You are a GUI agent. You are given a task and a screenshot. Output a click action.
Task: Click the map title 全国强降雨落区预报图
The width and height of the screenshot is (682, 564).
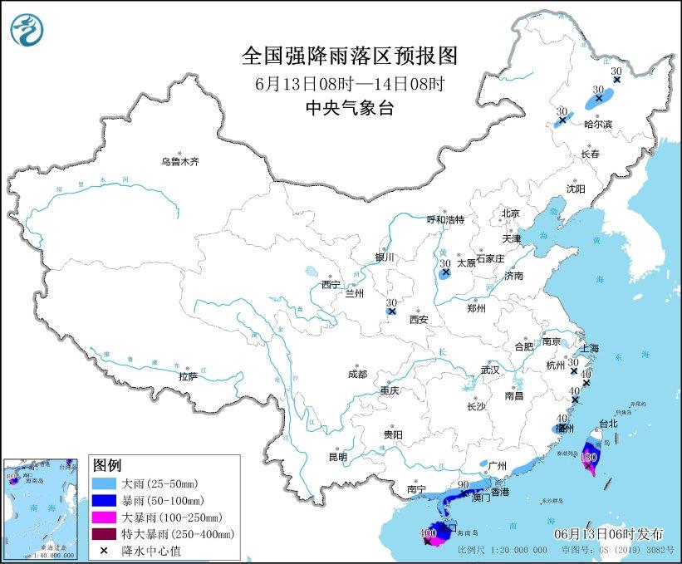pos(349,56)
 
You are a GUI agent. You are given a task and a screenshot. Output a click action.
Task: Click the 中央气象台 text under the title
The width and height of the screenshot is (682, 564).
pos(349,107)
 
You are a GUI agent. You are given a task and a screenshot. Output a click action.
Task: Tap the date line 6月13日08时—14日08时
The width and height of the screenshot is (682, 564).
pos(349,83)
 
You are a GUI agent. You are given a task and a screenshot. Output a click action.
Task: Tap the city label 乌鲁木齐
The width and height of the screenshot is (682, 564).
pos(180,162)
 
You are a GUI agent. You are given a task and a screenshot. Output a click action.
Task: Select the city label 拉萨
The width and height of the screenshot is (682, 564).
pos(188,376)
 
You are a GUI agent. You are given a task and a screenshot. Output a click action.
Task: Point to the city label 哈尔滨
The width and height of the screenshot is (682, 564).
pos(597,124)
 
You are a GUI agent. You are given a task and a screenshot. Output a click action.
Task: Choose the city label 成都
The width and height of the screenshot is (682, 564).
pos(357,374)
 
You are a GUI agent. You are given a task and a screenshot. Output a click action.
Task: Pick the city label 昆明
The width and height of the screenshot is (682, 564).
pos(337,457)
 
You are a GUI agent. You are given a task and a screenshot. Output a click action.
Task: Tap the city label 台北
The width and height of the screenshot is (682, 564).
pos(608,423)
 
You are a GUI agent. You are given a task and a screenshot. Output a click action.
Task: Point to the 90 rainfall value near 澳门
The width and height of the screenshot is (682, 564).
pos(464,484)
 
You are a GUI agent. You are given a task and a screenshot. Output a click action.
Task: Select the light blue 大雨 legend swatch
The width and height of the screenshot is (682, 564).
pos(105,483)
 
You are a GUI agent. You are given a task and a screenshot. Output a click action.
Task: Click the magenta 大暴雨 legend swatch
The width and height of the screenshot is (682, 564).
pos(105,517)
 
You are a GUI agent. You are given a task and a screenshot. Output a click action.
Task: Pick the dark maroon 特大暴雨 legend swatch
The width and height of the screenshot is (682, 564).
pos(105,533)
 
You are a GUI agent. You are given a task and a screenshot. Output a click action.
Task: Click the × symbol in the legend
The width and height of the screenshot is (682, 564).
pos(105,550)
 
